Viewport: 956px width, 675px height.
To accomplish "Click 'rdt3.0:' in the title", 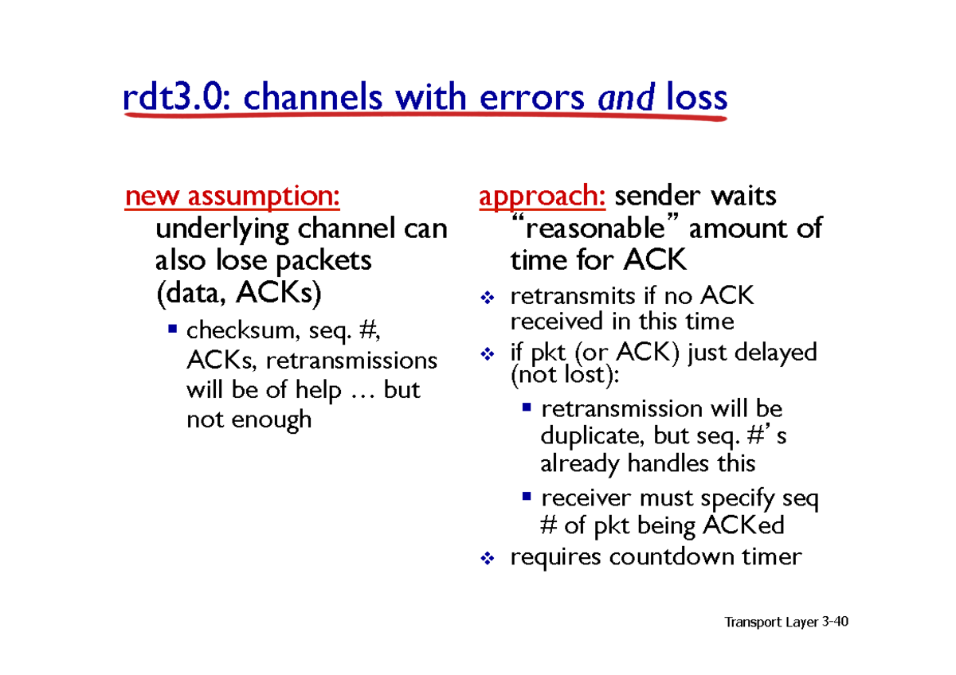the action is (177, 97).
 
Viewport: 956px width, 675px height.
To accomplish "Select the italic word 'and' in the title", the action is (625, 97).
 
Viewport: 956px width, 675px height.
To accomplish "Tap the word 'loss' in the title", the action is (696, 97).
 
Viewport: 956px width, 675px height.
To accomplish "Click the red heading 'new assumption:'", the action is (232, 197).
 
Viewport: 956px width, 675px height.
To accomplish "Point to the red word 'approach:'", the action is (542, 197).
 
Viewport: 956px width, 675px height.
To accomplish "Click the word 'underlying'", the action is (222, 230).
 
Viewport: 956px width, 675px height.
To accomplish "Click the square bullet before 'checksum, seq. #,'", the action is (172, 328).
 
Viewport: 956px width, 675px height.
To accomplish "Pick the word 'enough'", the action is (272, 420).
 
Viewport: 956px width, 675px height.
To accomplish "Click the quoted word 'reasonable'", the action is (595, 228).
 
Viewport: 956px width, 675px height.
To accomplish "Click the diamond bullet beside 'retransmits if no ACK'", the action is (488, 297).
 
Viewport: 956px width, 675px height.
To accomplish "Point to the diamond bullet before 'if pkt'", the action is (488, 353).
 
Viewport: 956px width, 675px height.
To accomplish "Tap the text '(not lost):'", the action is (565, 375).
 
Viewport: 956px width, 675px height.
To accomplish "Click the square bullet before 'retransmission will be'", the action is (527, 407).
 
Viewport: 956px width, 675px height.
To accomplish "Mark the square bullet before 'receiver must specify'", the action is (527, 496).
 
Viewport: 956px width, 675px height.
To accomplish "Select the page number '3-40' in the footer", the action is (835, 622).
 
